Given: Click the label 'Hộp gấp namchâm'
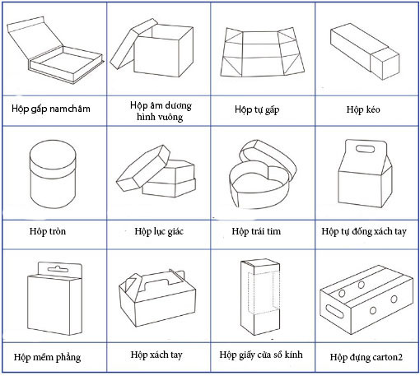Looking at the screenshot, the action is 51,109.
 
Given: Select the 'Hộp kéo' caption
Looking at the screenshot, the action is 363,109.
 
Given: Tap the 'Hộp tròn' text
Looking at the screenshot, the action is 48,231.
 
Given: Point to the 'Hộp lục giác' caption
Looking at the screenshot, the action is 159,231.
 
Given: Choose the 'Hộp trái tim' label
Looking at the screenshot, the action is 256,231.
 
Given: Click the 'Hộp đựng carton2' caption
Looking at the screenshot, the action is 366,357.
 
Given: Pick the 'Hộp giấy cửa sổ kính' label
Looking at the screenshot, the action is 261,355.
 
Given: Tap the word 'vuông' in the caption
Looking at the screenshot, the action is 171,117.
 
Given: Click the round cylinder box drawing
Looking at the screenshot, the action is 53,174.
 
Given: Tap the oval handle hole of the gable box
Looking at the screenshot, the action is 366,149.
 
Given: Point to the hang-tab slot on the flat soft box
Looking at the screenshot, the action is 58,269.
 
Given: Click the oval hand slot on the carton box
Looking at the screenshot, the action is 334,311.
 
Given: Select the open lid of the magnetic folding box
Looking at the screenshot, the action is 35,37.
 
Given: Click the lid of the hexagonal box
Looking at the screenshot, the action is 143,168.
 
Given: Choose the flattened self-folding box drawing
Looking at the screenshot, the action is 262,52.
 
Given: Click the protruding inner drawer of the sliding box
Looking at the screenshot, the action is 385,64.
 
